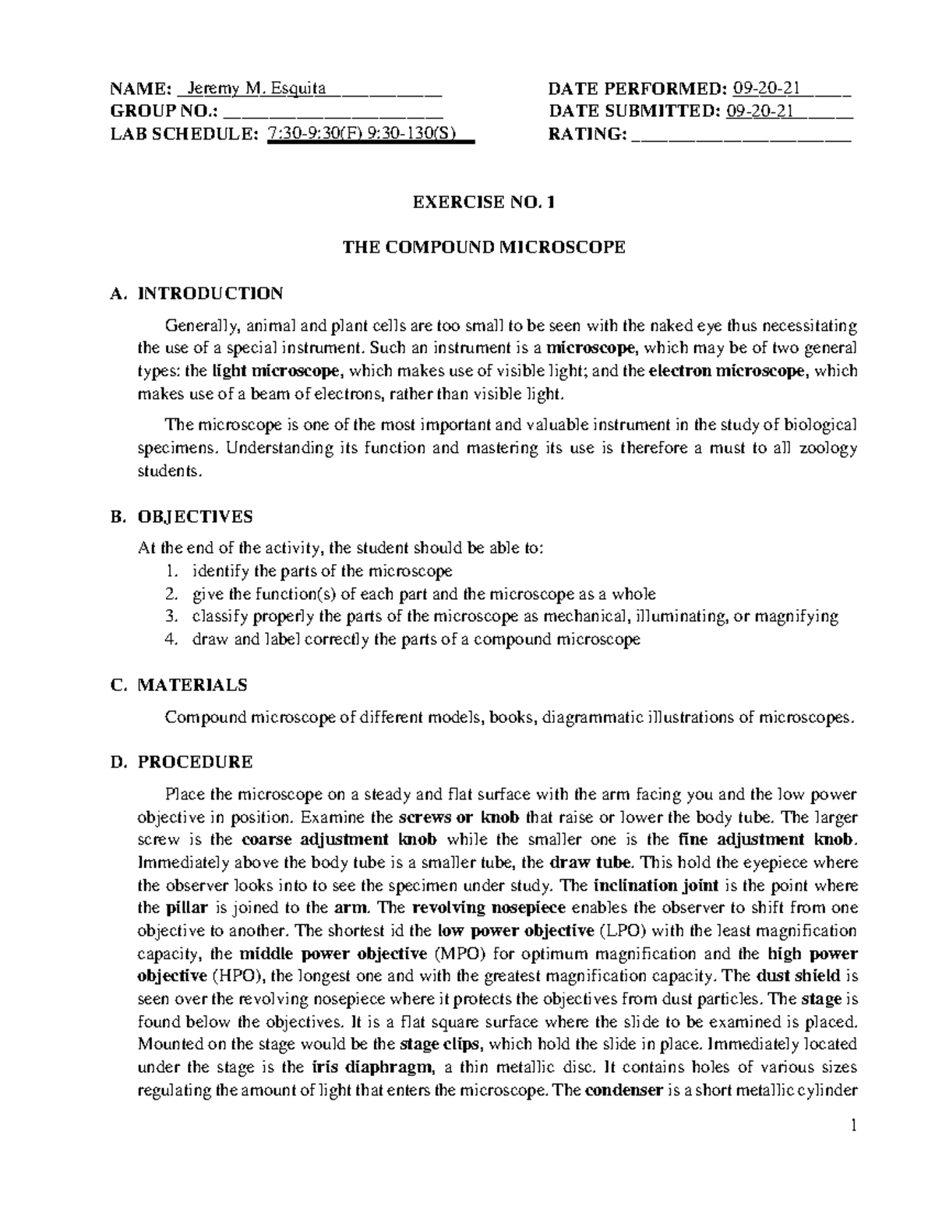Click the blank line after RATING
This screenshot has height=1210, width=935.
pyautogui.click(x=741, y=135)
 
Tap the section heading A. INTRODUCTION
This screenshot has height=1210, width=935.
pyautogui.click(x=197, y=294)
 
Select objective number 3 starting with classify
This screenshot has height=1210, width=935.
pyautogui.click(x=515, y=617)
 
